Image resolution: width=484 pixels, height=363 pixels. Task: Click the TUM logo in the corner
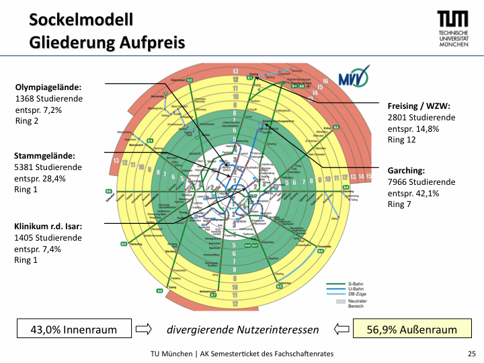click(454, 28)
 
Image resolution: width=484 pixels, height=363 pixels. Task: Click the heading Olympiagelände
click(48, 87)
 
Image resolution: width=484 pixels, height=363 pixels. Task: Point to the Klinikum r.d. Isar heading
click(48, 227)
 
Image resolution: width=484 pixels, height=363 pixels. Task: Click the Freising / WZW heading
click(419, 106)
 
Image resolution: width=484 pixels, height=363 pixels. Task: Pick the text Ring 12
click(402, 140)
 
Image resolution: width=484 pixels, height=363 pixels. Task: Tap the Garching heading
click(406, 171)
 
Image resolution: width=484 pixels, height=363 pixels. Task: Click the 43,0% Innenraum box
click(73, 329)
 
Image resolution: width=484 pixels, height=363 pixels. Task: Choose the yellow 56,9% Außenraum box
click(412, 329)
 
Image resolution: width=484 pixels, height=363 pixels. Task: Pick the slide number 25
click(471, 354)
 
